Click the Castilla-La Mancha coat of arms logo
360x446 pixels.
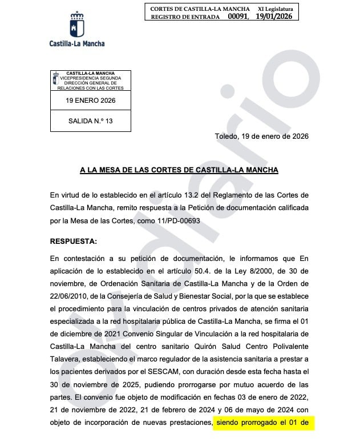pyautogui.click(x=76, y=26)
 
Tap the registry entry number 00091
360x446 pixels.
pyautogui.click(x=238, y=17)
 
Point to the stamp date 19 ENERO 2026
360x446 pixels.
pyautogui.click(x=90, y=101)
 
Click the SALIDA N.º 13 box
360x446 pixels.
pyautogui.click(x=90, y=121)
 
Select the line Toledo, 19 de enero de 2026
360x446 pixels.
pyautogui.click(x=261, y=136)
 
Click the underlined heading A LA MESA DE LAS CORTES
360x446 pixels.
pyautogui.click(x=179, y=170)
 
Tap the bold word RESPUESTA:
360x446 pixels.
pyautogui.click(x=74, y=241)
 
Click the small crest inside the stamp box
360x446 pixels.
pyautogui.click(x=56, y=77)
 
